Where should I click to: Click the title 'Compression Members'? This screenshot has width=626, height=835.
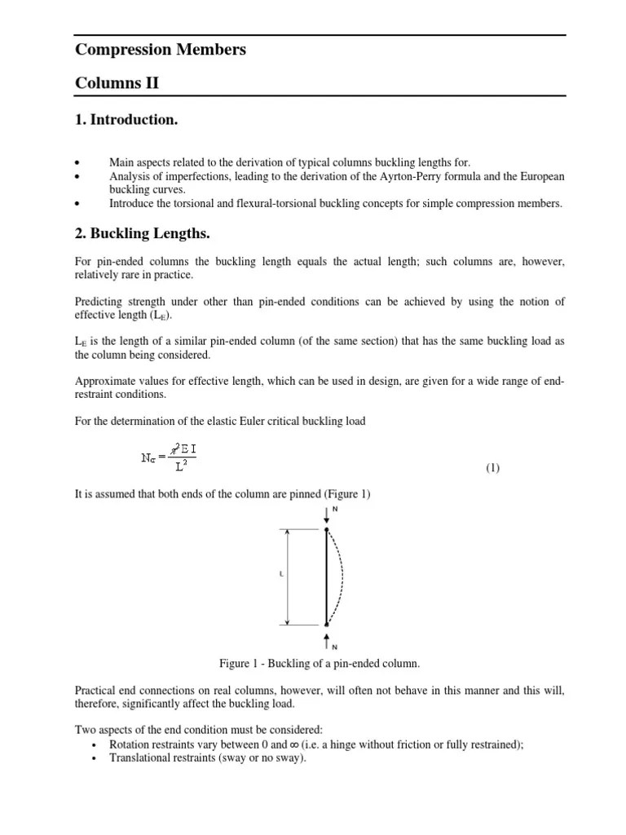click(160, 50)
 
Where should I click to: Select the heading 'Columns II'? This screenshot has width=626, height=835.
click(117, 84)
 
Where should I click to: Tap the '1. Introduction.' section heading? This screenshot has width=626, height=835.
click(126, 120)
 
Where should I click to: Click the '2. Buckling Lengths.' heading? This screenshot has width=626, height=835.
click(142, 234)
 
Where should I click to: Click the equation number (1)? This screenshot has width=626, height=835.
click(492, 468)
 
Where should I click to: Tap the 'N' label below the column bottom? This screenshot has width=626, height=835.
click(334, 647)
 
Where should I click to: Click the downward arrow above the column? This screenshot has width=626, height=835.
click(326, 515)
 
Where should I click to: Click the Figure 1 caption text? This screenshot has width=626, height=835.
click(320, 664)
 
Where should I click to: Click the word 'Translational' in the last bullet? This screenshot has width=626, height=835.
click(139, 758)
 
